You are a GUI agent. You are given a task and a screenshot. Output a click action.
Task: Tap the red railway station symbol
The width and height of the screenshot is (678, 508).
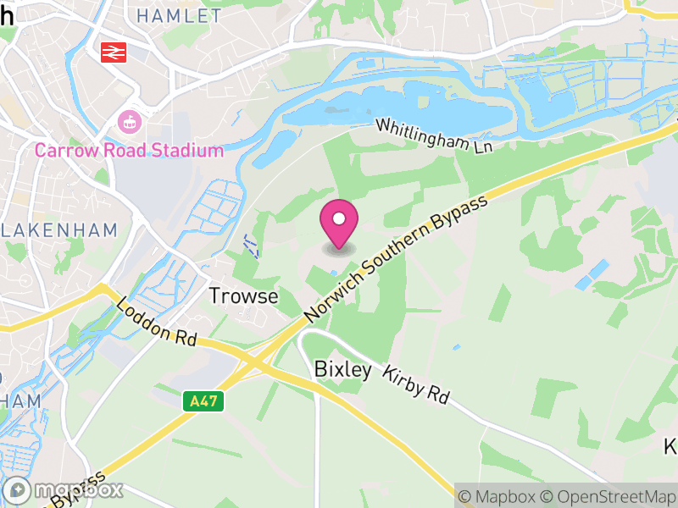[113, 52]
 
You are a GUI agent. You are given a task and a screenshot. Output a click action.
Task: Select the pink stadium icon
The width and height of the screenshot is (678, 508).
[129, 121]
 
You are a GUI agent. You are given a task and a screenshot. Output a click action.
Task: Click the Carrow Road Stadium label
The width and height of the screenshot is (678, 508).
[129, 151]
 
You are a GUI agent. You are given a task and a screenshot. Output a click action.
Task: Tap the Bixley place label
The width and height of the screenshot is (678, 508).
[342, 370]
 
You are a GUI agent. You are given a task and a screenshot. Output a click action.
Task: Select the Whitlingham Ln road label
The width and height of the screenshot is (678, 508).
[434, 135]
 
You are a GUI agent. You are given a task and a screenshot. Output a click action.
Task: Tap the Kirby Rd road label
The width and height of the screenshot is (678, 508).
[415, 384]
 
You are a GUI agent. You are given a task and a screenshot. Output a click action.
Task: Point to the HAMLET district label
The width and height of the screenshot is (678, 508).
[179, 16]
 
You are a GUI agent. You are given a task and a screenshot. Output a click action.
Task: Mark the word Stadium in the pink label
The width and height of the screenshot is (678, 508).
[187, 151]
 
